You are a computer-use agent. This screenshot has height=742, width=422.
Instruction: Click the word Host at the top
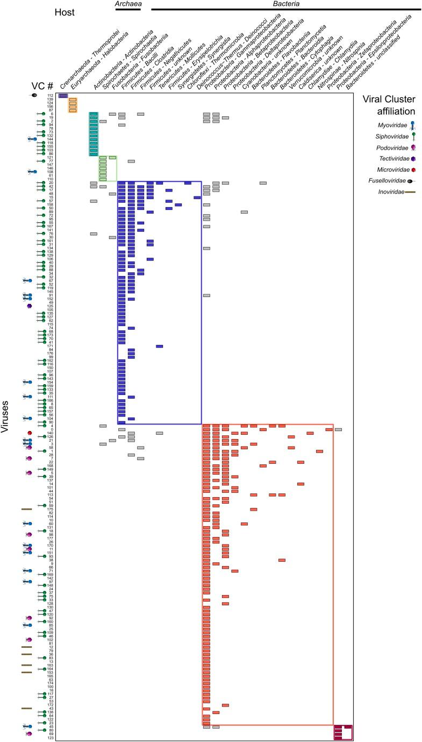pos(67,11)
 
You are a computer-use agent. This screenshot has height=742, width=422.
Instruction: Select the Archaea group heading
pos(128,4)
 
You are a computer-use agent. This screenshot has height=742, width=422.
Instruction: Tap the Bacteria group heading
pos(285,4)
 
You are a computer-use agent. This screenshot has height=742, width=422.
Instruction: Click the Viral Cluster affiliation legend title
pos(390,105)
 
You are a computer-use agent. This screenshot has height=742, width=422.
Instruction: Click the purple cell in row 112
pos(63,96)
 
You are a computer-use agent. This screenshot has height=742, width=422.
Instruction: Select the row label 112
pos(49,96)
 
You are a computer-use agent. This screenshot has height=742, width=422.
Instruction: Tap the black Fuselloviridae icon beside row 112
pos(34,96)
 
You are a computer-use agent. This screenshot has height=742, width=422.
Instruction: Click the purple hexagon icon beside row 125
pos(30,306)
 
